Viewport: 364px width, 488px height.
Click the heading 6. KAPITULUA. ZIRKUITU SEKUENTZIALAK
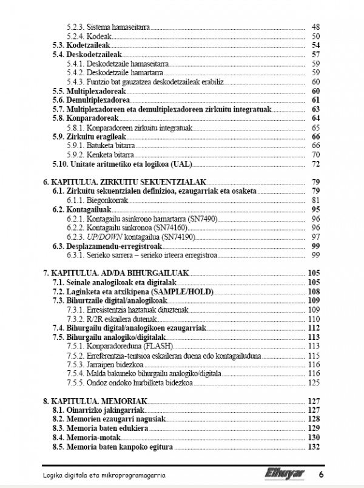[126, 181]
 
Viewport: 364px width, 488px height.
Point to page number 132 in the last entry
[314, 447]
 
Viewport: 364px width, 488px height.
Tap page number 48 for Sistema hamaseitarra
[315, 27]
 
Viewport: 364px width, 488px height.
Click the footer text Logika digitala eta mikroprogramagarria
[104, 473]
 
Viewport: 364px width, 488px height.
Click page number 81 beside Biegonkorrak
[315, 200]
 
